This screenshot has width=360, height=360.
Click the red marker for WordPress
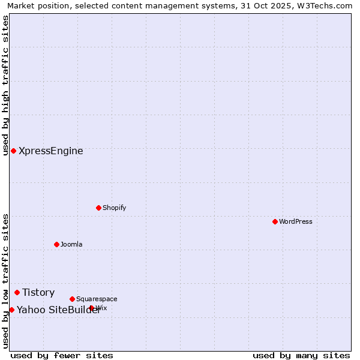[x=275, y=221]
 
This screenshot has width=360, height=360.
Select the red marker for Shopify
[x=98, y=208]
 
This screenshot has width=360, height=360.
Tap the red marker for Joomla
[x=56, y=244]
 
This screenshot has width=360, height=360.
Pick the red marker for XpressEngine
[x=13, y=151]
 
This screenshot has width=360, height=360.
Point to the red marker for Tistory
[x=17, y=292]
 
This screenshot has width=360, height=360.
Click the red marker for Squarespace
[x=72, y=299]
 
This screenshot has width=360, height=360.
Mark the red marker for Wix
[x=91, y=308]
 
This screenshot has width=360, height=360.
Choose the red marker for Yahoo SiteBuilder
[x=11, y=310]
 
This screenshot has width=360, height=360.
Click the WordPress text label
[x=296, y=221]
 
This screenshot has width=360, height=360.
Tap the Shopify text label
[x=114, y=208]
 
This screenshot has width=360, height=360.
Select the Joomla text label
[x=71, y=244]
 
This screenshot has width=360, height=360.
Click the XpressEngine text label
[x=51, y=151]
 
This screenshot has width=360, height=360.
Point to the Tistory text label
[x=38, y=292]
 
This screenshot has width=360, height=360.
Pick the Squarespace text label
[x=97, y=299]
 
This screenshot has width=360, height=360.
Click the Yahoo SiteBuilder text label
[x=58, y=310]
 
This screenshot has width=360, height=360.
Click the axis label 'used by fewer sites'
[x=62, y=355]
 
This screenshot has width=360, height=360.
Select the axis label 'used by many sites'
[x=301, y=355]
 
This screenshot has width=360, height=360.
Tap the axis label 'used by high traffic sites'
[x=5, y=85]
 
